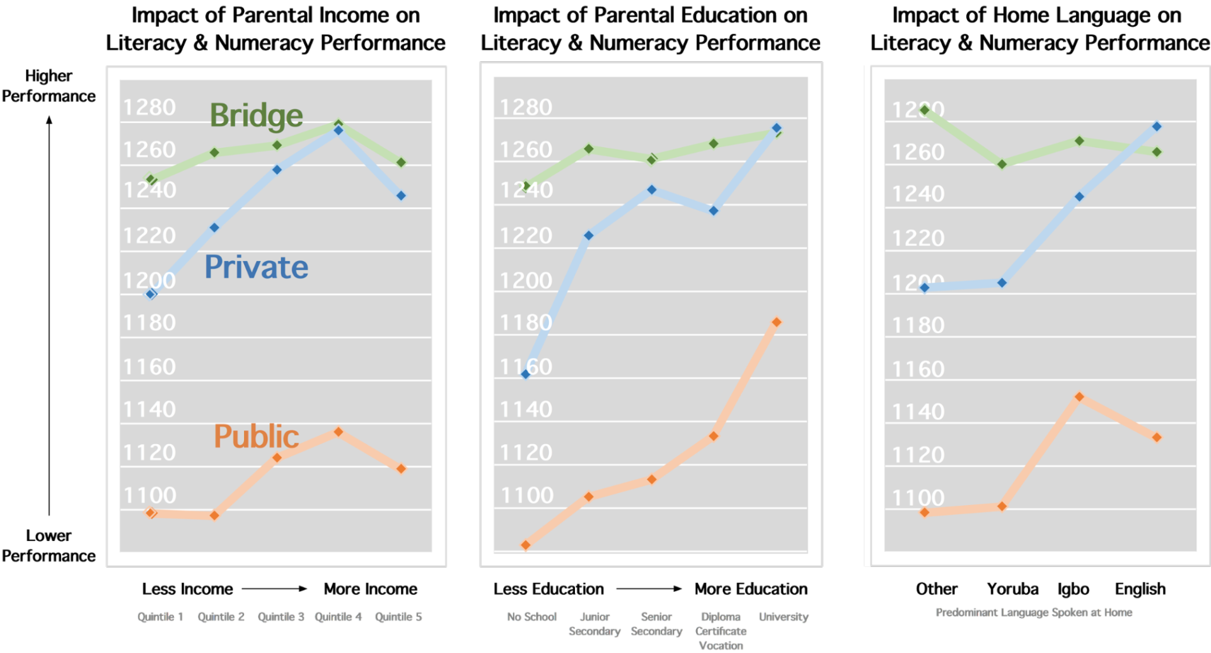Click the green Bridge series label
pos(256,115)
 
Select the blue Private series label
pos(256,267)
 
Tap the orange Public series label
pos(256,436)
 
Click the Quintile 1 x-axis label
pos(160,617)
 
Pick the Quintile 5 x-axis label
pos(398,617)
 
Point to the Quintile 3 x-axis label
pos(280,617)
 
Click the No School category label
pos(532,617)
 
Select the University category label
pos(783,617)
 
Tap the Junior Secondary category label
pos(595,624)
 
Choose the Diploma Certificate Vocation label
pos(721,631)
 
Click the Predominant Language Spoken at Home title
pos(1034,612)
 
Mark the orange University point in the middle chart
pos(776,322)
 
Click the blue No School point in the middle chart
pos(526,374)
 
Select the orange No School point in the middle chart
pos(526,545)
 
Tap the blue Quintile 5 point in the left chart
pos(401,196)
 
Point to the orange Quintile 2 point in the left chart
pos(214,515)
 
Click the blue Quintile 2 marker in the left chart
pos(214,227)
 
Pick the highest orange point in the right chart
pos(1079,397)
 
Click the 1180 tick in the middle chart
pos(525,323)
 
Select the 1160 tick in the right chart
pos(918,369)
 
